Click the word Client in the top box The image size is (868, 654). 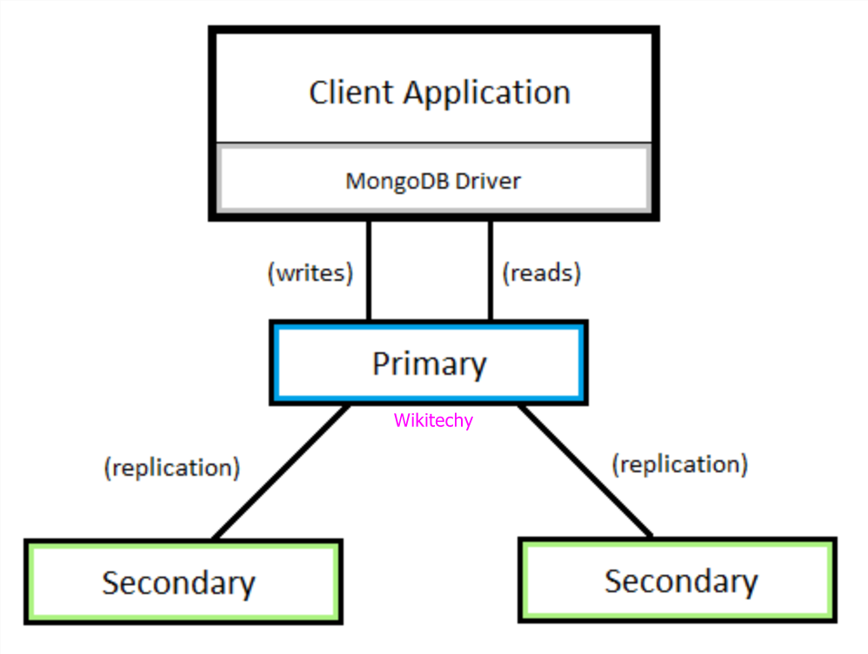click(352, 92)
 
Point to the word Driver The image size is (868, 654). click(490, 181)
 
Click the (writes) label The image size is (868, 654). click(310, 273)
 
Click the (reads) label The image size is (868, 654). click(541, 273)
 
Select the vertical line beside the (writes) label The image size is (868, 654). click(369, 270)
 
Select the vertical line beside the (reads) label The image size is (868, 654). click(490, 270)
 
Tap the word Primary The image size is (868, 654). click(429, 364)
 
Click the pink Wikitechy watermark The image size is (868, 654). click(433, 421)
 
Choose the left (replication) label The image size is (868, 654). click(171, 468)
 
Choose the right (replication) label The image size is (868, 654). click(679, 464)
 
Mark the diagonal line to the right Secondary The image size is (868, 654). click(585, 470)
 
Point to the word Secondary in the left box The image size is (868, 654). click(178, 583)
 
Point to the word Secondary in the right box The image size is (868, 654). click(681, 581)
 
